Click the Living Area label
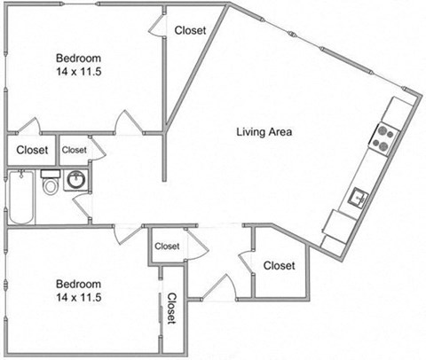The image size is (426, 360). [264, 132]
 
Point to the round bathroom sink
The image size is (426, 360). [78, 180]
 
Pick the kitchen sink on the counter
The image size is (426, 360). [360, 195]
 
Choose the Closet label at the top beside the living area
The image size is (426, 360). [190, 30]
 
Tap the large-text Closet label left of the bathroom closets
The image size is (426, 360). [32, 150]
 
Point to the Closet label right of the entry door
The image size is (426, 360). [279, 264]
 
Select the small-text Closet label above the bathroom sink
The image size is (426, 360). [75, 150]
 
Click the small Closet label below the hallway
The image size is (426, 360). [167, 246]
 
